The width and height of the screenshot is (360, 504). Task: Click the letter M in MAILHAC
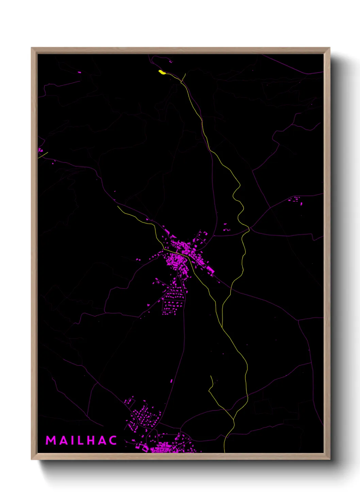click(51, 440)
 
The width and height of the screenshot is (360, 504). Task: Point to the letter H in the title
click(92, 440)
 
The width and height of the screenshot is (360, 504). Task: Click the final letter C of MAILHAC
click(113, 440)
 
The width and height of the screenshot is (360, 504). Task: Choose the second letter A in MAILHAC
click(103, 440)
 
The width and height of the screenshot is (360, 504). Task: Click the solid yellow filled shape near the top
click(161, 72)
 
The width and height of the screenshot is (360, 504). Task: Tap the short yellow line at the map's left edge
click(43, 155)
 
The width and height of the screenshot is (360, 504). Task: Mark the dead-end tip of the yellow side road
click(211, 376)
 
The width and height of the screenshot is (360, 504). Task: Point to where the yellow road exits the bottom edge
click(225, 452)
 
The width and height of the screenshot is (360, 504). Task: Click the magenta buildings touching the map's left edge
click(40, 150)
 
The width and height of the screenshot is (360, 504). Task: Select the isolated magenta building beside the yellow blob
click(170, 62)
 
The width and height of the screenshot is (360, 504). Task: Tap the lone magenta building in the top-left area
click(80, 72)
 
